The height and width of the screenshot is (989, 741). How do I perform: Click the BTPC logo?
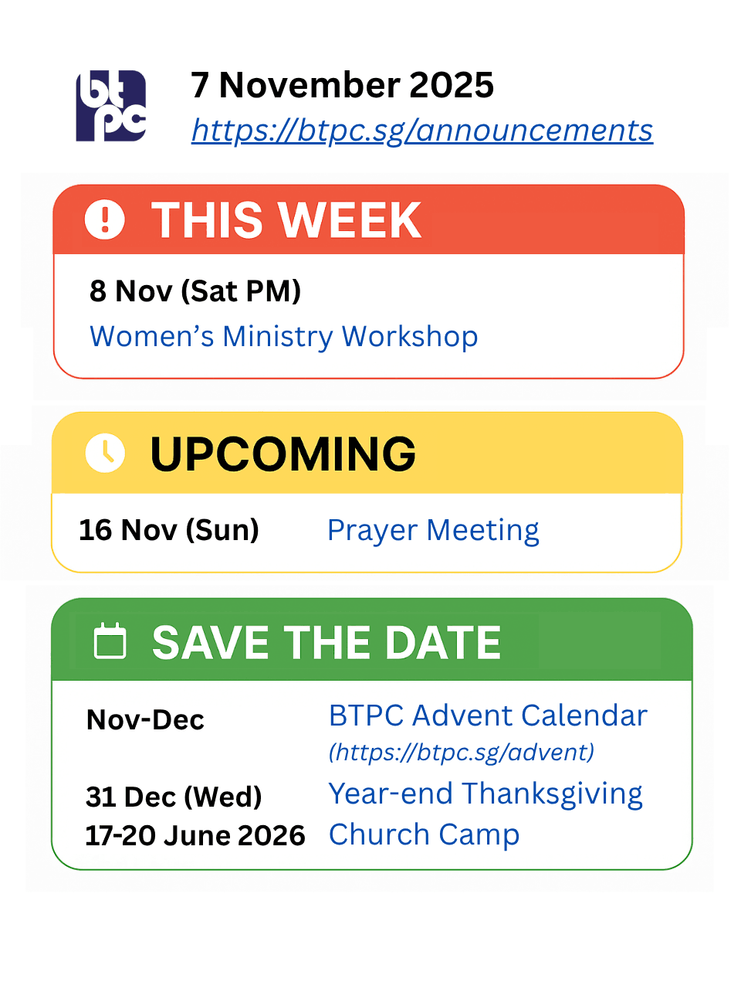[x=110, y=106]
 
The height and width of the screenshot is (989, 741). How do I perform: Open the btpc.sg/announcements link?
[x=422, y=131]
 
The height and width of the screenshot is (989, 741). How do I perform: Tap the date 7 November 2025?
[x=343, y=85]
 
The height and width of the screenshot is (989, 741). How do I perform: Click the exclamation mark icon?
[x=105, y=219]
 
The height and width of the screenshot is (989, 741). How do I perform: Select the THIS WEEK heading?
[x=286, y=220]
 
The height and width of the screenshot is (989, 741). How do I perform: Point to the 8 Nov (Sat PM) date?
[x=195, y=291]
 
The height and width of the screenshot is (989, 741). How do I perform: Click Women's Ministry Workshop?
[x=283, y=337]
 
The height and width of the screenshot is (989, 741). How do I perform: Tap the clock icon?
[x=105, y=453]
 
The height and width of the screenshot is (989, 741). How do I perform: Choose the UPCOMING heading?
[x=283, y=454]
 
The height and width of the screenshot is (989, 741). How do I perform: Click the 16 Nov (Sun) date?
[x=169, y=530]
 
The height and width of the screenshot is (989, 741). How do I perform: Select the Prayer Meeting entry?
[x=433, y=531]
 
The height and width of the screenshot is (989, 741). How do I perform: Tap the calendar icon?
[x=110, y=641]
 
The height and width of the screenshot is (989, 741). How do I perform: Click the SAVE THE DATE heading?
[x=327, y=643]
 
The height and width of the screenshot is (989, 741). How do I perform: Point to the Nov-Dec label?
[x=145, y=719]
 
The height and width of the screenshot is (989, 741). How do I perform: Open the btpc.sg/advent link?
[x=462, y=752]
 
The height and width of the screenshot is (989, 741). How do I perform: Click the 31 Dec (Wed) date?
[x=174, y=797]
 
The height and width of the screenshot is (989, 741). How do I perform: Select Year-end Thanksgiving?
[x=486, y=794]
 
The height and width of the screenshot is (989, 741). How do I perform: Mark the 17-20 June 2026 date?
[x=195, y=835]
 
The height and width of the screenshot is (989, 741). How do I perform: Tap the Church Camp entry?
[x=425, y=835]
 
